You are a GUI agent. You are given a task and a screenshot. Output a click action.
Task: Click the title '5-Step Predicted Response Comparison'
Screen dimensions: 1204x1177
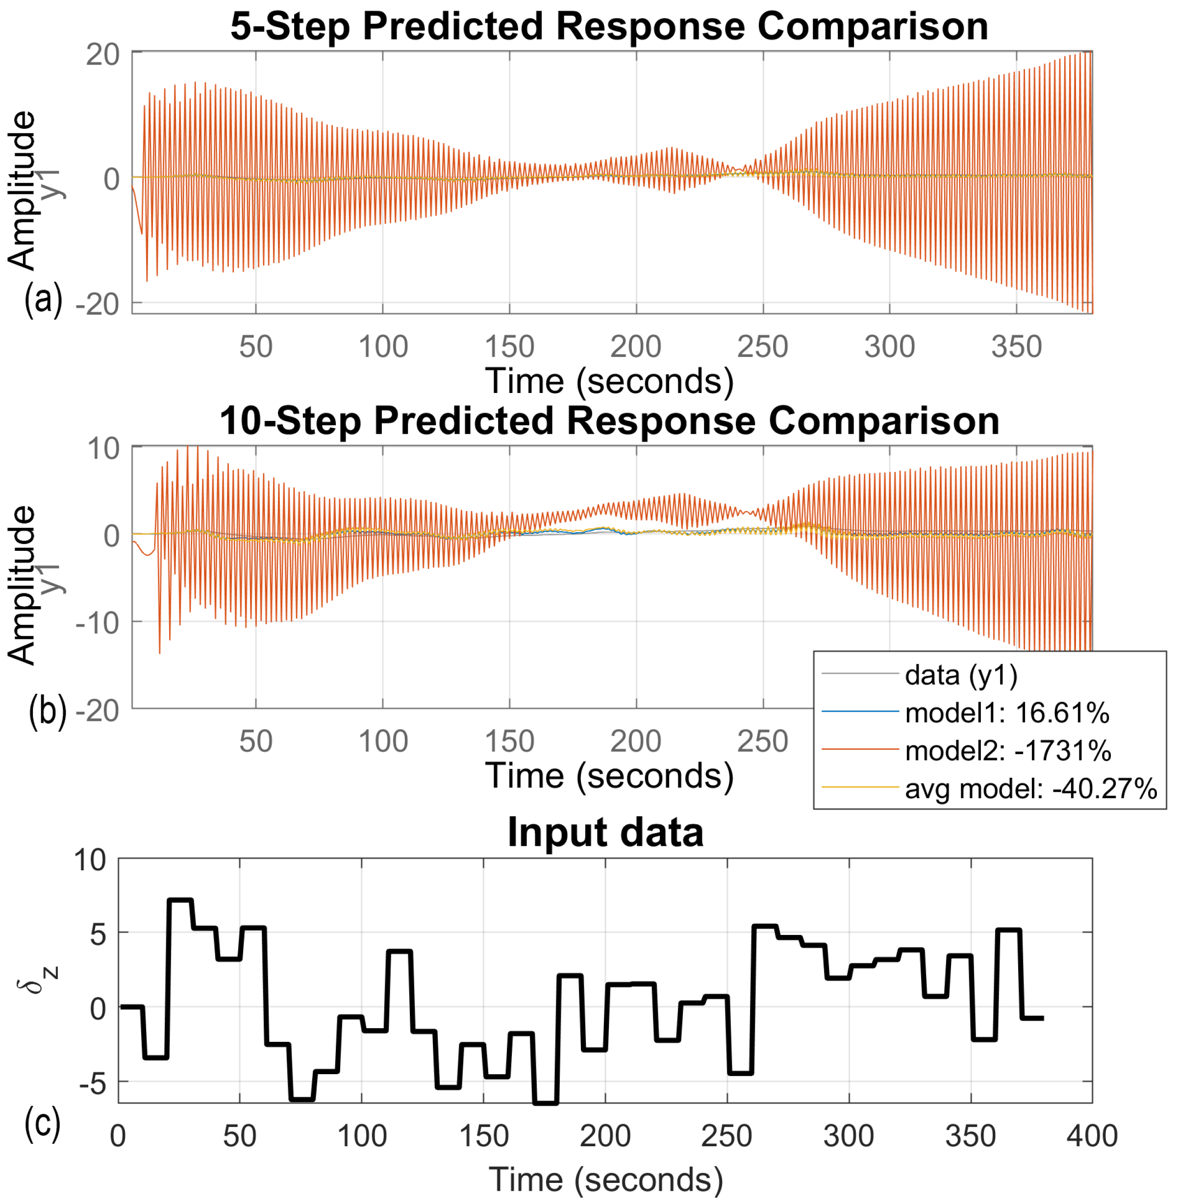click(609, 26)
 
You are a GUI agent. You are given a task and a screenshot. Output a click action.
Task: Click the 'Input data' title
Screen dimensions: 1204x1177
click(605, 832)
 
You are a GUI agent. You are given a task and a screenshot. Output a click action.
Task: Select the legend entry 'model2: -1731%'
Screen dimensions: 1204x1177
click(1007, 751)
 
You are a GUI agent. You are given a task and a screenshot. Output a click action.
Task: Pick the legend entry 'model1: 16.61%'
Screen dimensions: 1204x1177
click(1006, 713)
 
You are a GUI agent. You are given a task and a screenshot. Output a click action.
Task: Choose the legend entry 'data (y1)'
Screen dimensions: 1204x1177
click(961, 676)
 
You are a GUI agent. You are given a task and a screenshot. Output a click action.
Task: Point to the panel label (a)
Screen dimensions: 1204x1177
click(43, 300)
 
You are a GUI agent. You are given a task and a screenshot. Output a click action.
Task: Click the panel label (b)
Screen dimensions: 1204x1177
click(48, 712)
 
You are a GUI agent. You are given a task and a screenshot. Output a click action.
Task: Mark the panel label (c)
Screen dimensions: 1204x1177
click(42, 1123)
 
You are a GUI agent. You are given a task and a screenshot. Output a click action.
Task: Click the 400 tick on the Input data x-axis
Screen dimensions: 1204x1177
click(1092, 1136)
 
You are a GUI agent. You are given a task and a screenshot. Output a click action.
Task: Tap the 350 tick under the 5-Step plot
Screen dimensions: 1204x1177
click(1016, 347)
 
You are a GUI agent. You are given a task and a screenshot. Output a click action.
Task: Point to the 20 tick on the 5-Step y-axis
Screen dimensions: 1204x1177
click(102, 55)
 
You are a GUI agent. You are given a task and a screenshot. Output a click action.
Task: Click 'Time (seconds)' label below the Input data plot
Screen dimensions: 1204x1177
click(605, 1179)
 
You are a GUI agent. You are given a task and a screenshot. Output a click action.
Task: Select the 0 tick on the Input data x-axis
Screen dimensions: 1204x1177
click(118, 1136)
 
